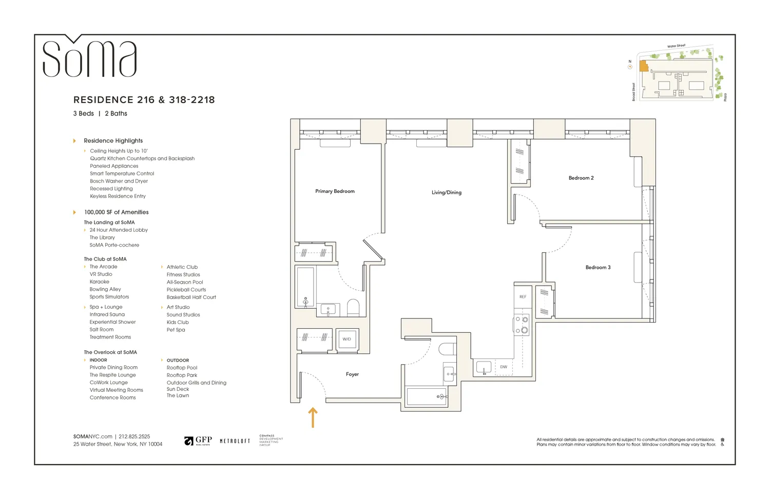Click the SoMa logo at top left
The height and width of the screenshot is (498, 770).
(x=89, y=57)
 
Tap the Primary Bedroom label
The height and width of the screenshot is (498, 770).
(x=335, y=191)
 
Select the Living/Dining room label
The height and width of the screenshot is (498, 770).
(x=446, y=192)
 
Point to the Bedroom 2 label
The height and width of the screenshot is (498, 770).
(x=581, y=178)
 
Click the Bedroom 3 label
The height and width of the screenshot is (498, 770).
(x=598, y=267)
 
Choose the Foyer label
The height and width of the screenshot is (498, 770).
(x=352, y=374)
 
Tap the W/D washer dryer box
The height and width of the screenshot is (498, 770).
(x=347, y=339)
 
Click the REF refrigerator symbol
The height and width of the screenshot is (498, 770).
(x=523, y=296)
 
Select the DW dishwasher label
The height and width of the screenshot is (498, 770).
(x=504, y=367)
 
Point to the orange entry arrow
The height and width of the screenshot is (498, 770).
(x=313, y=417)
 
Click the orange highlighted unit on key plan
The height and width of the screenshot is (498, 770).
(x=643, y=66)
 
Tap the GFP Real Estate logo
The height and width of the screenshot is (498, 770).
(x=198, y=441)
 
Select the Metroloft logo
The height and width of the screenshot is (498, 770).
(x=235, y=441)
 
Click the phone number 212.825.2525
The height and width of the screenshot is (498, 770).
(x=134, y=436)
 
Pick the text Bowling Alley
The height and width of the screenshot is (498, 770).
(x=105, y=289)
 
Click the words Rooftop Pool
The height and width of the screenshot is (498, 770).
(x=182, y=368)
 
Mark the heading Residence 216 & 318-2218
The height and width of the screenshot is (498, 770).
(x=144, y=100)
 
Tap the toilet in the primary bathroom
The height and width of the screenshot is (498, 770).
(x=353, y=308)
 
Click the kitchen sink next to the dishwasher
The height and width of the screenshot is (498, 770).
(x=484, y=367)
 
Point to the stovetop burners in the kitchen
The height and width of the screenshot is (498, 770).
(x=522, y=325)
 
